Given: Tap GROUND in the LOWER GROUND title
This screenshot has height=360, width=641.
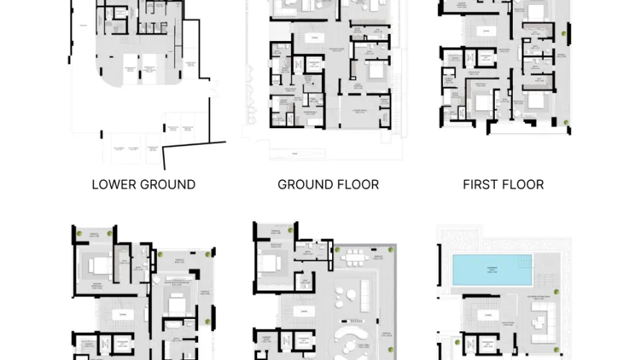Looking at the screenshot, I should pyautogui.click(x=169, y=184).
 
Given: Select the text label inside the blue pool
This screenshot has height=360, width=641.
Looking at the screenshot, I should pyautogui.click(x=492, y=269).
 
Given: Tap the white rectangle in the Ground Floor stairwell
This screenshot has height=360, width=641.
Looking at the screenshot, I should pyautogui.click(x=313, y=37).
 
